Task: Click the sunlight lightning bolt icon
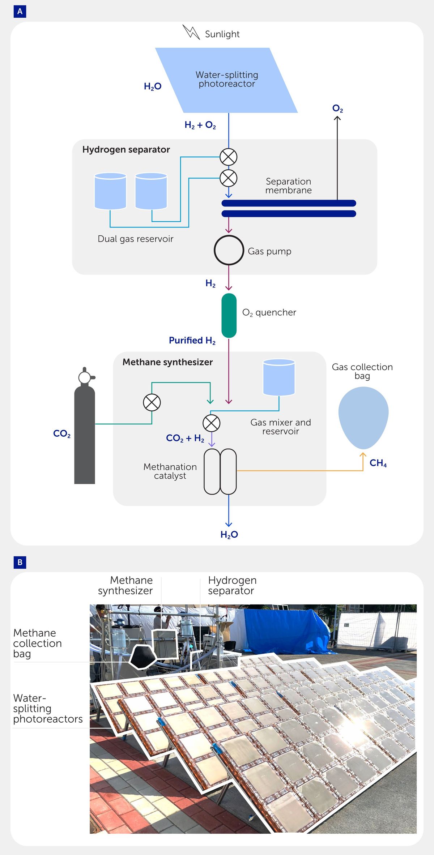coord(191,32)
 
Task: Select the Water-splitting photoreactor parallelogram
coord(227,80)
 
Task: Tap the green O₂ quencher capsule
coord(229,315)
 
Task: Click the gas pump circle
coord(229,250)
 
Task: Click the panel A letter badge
coord(20,12)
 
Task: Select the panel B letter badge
coord(20,562)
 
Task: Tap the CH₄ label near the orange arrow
coord(378,463)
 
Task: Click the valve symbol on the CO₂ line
coord(152,402)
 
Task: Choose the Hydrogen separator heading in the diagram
coord(126,150)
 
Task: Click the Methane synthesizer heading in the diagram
coord(167,362)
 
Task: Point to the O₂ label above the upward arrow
coord(337,108)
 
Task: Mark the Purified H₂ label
coord(192,341)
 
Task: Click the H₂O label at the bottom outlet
coord(229,535)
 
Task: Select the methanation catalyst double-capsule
coord(220,471)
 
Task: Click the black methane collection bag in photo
coord(142,656)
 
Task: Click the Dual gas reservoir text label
coord(136,239)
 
